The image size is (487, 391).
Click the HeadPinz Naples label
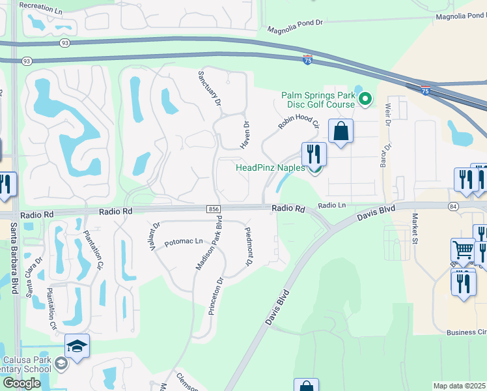point(270,167)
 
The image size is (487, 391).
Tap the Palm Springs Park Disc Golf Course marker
point(365,99)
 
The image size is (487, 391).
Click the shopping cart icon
point(463,250)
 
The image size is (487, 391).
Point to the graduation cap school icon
point(77,346)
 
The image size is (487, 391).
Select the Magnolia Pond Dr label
point(296,26)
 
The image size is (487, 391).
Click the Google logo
point(21,383)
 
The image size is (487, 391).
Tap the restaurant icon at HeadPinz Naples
point(314,154)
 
